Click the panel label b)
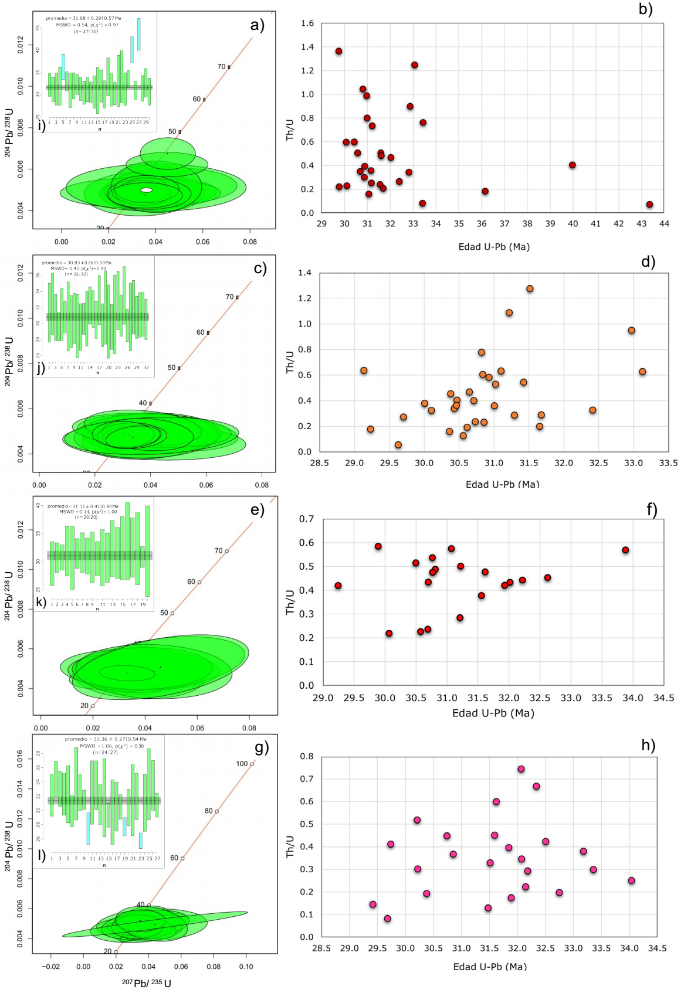[x=645, y=10]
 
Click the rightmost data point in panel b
[x=649, y=205]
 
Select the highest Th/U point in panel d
[x=530, y=288]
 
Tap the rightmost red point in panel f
[x=625, y=550]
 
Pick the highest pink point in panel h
[x=521, y=769]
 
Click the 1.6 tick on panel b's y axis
[x=307, y=23]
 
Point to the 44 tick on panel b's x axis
[x=663, y=223]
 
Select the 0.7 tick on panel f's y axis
[x=307, y=519]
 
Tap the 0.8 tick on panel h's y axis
[x=307, y=756]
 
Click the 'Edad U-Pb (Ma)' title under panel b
[x=494, y=247]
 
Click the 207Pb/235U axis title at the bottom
[x=147, y=983]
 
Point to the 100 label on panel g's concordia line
[x=242, y=764]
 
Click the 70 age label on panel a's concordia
[x=221, y=67]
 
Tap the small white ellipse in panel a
[x=147, y=190]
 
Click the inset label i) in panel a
[x=41, y=125]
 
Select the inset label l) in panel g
[x=41, y=855]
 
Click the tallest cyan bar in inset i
[x=139, y=34]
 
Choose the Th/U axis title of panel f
[x=289, y=602]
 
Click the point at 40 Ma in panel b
[x=572, y=165]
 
